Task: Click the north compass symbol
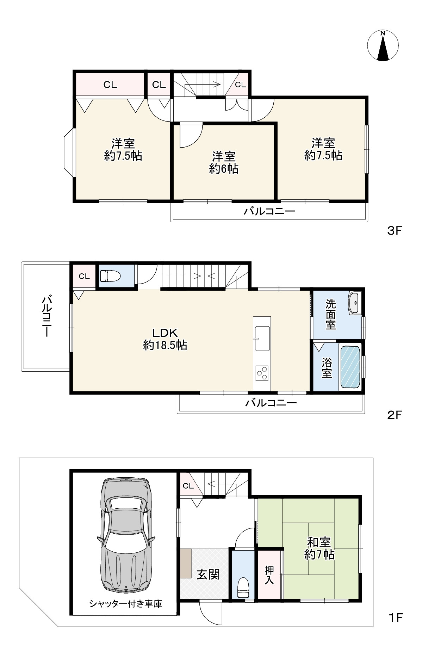pos(383,46)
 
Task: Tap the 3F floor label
pos(395,231)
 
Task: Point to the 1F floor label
pos(395,617)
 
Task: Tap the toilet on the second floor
pos(110,275)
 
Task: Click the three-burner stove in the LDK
pos(262,373)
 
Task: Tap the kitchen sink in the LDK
pos(262,338)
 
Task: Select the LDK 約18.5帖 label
pos(165,339)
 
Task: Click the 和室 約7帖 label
pos(319,548)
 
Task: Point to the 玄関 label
pos(208,575)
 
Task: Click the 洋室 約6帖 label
pos(224,163)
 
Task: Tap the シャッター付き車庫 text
pos(126,604)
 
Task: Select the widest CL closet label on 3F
pos(110,85)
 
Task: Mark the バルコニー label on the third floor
pos(269,211)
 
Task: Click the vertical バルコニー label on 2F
pos(46,316)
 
